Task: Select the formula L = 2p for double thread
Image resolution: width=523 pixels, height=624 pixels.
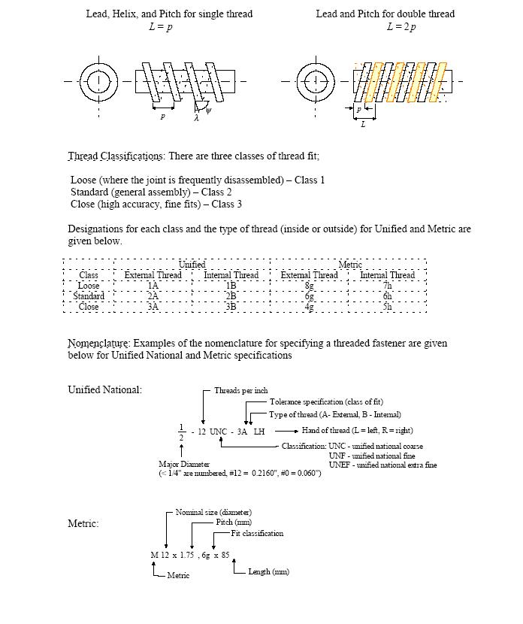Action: (401, 27)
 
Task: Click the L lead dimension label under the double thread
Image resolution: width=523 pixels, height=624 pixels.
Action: (363, 124)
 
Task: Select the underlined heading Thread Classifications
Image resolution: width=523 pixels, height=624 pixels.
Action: (116, 156)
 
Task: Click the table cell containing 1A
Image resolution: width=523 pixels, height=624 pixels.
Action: (153, 286)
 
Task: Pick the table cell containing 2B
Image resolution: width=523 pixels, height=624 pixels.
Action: (231, 296)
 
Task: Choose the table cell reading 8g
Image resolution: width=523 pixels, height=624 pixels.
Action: (309, 286)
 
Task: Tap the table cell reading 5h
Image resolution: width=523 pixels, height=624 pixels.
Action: (387, 307)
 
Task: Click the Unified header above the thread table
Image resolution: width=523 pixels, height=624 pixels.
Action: (192, 265)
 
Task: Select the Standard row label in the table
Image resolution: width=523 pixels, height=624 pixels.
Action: (89, 296)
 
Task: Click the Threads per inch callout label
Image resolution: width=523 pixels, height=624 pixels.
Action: (240, 391)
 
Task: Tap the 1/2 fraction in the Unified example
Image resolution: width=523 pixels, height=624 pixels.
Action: (181, 432)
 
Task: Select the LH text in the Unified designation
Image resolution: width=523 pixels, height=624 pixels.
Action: (258, 432)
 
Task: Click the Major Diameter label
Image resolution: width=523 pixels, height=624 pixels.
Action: (184, 464)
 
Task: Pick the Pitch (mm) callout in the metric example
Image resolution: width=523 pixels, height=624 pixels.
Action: (234, 522)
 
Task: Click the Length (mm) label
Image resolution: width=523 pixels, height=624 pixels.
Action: (268, 572)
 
